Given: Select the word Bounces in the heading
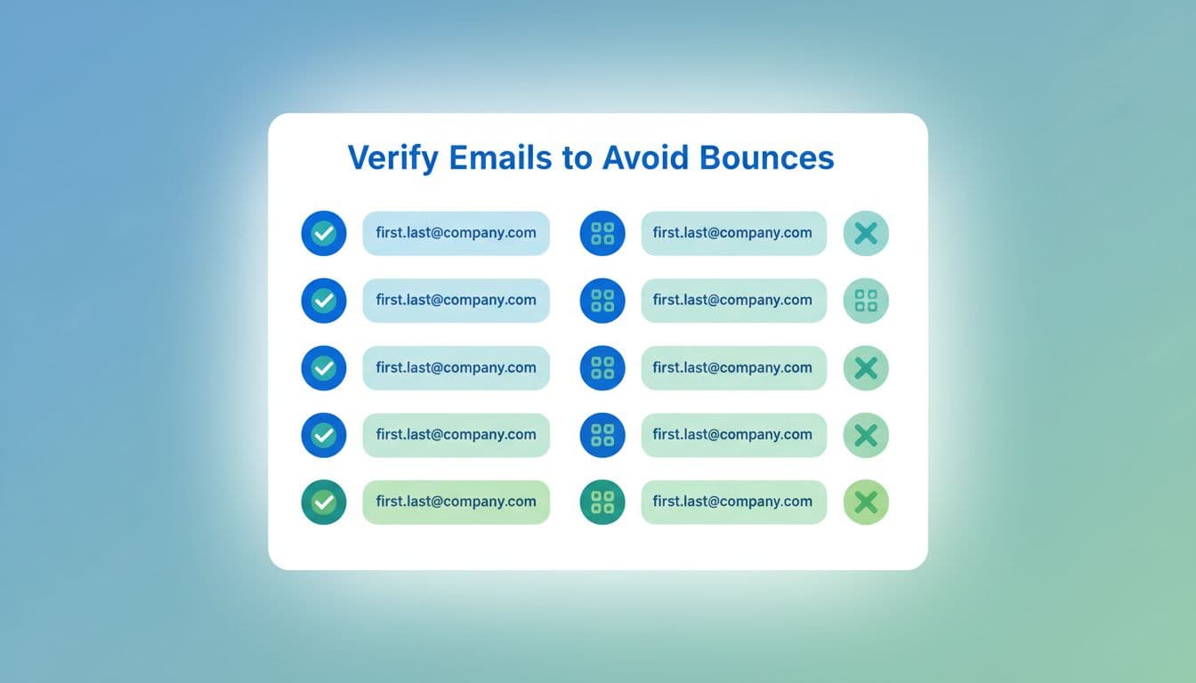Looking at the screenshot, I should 766,157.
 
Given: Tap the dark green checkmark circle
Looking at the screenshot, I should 324,502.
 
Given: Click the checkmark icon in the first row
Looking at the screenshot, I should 324,233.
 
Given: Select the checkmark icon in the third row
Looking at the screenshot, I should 324,367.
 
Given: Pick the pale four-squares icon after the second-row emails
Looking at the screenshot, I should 866,301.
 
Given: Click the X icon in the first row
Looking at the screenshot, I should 866,233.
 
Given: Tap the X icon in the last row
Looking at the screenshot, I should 866,502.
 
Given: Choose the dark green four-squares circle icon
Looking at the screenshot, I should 602,502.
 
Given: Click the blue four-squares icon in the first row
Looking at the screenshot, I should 602,233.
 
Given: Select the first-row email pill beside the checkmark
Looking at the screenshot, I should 456,233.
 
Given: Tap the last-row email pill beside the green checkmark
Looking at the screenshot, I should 456,502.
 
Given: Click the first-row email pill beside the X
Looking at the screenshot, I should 733,233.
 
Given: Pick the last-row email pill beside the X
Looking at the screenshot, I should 733,502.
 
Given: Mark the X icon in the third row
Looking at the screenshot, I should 866,367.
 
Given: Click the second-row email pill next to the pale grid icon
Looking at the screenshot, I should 733,301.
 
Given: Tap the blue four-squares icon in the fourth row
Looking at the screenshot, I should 602,435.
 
